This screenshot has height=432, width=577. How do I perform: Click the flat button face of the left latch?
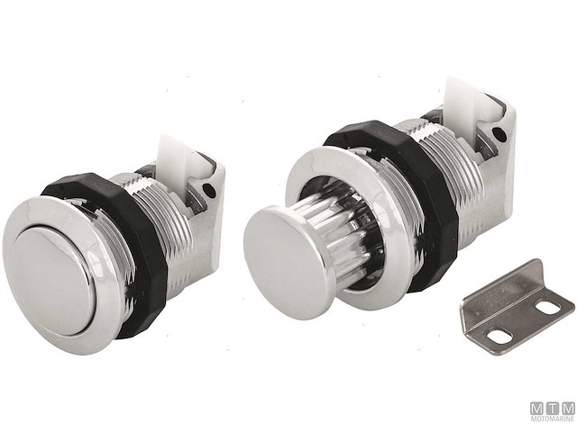click(x=57, y=269)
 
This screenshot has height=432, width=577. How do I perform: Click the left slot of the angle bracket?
click(x=500, y=336)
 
